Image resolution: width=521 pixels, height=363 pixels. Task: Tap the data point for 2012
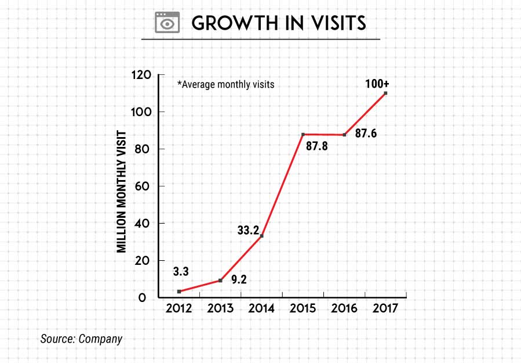(x=179, y=292)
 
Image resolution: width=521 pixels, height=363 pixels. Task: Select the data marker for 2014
(x=262, y=236)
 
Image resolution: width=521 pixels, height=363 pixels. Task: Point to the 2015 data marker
(x=303, y=135)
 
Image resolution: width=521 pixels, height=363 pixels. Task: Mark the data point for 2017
(x=385, y=93)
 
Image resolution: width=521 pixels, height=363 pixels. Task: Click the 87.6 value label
(x=367, y=134)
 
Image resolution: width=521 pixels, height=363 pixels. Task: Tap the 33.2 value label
(x=249, y=230)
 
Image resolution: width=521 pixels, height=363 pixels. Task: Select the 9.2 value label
(x=239, y=279)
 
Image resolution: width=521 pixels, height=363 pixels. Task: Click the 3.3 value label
(x=180, y=271)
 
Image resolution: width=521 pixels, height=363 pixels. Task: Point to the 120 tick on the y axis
(x=141, y=75)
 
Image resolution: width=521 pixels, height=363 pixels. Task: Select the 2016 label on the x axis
(x=345, y=308)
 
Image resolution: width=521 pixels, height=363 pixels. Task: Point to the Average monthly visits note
(x=225, y=84)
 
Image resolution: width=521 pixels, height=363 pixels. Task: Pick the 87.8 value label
(x=317, y=146)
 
